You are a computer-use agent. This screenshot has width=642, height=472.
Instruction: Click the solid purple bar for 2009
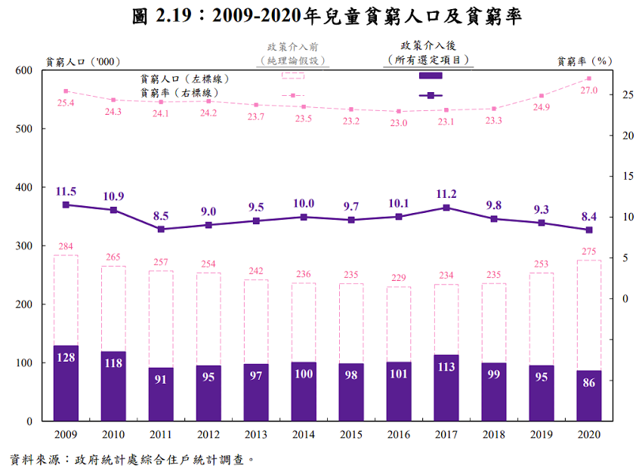[x=66, y=383]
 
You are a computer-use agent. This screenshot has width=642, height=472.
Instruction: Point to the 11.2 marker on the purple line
[x=446, y=208]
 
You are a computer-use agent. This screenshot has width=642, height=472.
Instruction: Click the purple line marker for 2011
[x=161, y=229]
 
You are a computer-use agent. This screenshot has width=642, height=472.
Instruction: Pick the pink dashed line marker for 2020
[x=588, y=79]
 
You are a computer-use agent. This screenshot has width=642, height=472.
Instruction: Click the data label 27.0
[x=588, y=91]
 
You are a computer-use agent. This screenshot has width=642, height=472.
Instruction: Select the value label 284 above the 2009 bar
[x=66, y=247]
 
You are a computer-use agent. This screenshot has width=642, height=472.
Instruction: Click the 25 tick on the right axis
[x=626, y=95]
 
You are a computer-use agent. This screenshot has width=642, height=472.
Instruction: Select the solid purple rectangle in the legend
[x=431, y=76]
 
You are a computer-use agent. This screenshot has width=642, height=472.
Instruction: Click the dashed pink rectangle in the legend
[x=292, y=76]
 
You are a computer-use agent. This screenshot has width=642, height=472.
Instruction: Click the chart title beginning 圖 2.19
[x=321, y=17]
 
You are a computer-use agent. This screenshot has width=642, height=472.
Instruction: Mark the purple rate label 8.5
[x=161, y=215]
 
